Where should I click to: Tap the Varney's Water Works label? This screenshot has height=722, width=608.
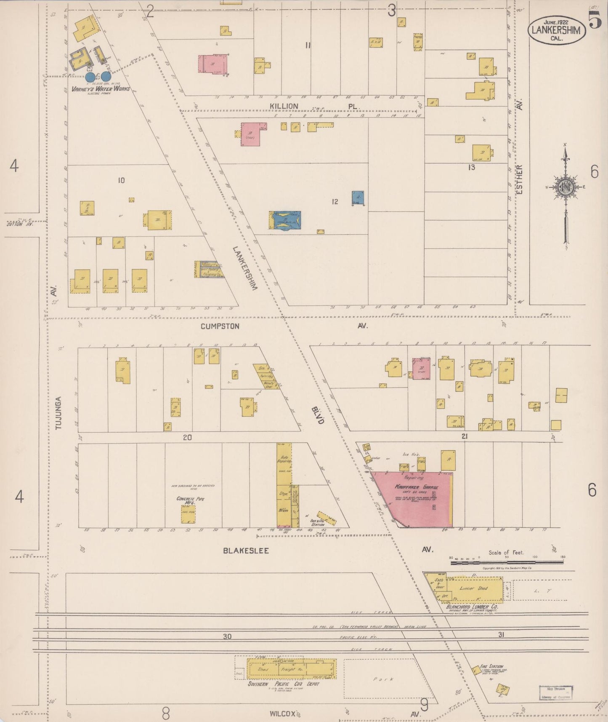[x=100, y=89]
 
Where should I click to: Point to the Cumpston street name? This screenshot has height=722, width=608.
[x=220, y=326]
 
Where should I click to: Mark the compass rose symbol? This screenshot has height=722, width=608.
[x=566, y=187]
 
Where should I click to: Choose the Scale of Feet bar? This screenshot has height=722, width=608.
[x=507, y=562]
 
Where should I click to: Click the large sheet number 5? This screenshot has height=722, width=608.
[x=595, y=20]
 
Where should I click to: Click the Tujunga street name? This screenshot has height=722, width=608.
[x=58, y=413]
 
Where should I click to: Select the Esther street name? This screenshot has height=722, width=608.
[x=520, y=179]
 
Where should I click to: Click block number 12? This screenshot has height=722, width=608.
[x=335, y=202]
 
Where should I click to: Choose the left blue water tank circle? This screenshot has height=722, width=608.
[x=90, y=77]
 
